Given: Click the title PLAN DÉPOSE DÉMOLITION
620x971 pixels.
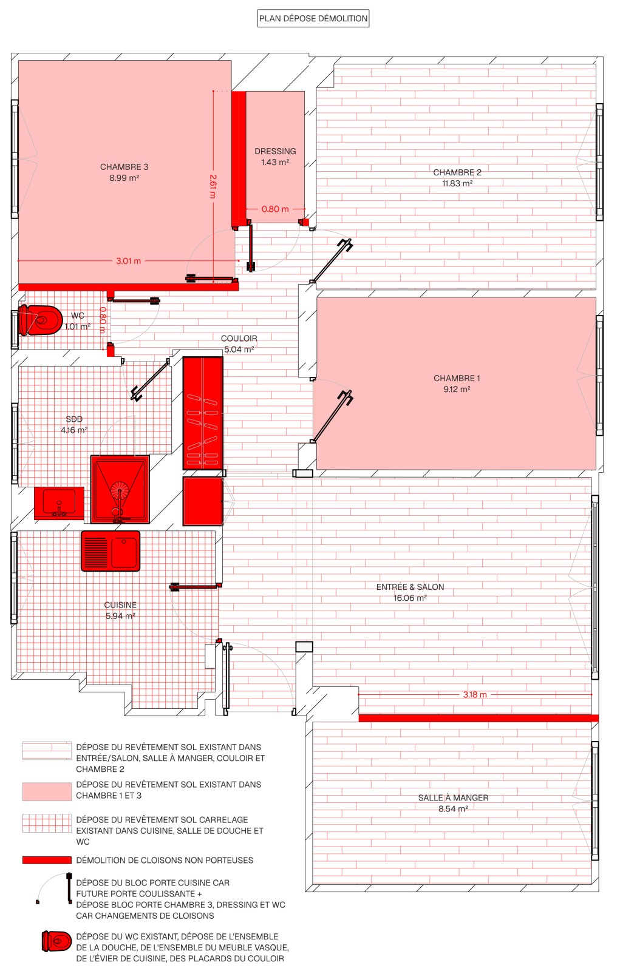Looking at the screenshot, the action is (313, 19).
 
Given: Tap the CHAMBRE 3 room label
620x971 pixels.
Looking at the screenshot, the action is (124, 167).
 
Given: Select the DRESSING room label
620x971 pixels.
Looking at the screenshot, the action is (275, 151).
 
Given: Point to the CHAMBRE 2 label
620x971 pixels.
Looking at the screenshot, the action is (457, 172).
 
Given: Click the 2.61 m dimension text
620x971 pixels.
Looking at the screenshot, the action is (213, 186).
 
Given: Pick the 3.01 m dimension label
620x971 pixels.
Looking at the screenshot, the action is (128, 261).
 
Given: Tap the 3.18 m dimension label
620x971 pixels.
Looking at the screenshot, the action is (475, 694).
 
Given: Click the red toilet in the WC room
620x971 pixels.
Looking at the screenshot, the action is (40, 320).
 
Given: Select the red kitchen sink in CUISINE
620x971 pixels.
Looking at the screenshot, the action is (111, 551).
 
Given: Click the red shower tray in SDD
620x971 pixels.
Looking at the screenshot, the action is (120, 489).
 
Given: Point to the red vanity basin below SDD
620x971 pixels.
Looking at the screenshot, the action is (59, 503).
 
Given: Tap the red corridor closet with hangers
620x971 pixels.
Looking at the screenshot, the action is (203, 413).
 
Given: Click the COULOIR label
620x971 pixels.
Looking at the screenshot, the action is (239, 338).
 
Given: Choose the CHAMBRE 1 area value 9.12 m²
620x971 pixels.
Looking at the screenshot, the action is (457, 389).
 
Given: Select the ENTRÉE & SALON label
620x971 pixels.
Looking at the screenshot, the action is (410, 587).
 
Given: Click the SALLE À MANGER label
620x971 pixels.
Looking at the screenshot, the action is (453, 797).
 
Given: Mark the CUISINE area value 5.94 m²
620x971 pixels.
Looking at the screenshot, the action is (120, 616).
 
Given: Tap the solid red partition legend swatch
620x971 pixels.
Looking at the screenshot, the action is (47, 860).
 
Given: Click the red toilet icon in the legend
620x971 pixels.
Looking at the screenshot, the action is (56, 941).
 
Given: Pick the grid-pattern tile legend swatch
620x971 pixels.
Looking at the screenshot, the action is (47, 823).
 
